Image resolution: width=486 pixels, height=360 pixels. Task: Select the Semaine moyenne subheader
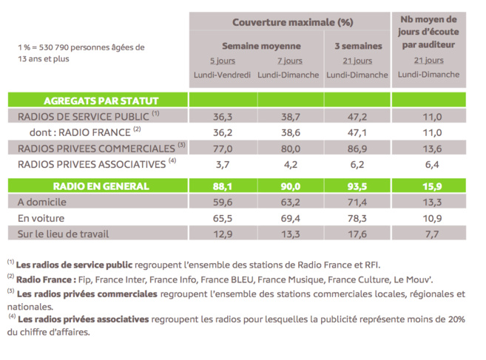pyautogui.click(x=256, y=45)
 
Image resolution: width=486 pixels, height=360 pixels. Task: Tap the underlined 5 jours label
pyautogui.click(x=222, y=61)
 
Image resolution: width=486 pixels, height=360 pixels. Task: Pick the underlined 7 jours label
pyautogui.click(x=288, y=61)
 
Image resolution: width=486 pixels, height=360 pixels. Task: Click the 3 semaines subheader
pyautogui.click(x=358, y=45)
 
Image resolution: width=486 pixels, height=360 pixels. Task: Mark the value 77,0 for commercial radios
pyautogui.click(x=222, y=148)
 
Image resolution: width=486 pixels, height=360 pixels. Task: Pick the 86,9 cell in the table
pyautogui.click(x=357, y=148)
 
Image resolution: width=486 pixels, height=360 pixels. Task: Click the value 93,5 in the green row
pyautogui.click(x=357, y=186)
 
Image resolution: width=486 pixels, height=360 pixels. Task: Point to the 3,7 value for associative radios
pyautogui.click(x=222, y=164)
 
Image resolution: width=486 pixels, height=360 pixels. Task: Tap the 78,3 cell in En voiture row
pyautogui.click(x=357, y=219)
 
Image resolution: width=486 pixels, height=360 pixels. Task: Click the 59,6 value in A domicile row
pyautogui.click(x=222, y=203)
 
